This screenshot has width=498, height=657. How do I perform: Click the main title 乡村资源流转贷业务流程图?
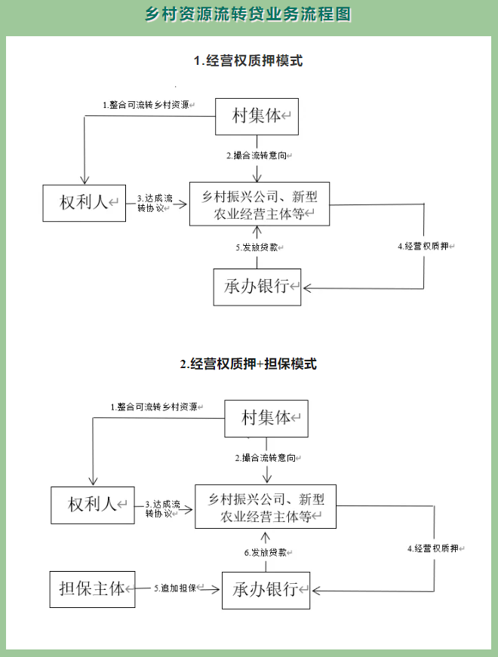[248, 15]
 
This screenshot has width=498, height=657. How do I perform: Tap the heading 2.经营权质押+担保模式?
[248, 364]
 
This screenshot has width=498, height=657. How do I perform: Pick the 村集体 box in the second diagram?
[266, 418]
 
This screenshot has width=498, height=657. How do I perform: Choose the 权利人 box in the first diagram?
[84, 202]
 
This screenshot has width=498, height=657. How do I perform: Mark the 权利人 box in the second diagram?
[92, 505]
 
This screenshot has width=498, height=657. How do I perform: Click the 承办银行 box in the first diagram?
[257, 287]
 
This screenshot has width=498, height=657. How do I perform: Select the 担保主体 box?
[92, 588]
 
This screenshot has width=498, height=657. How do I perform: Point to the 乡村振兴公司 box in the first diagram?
[259, 204]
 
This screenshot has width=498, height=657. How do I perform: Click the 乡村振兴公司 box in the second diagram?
[266, 506]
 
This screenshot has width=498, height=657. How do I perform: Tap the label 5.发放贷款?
[260, 247]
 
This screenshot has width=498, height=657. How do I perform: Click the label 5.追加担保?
[177, 588]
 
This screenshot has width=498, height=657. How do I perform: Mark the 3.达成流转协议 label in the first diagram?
[156, 203]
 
